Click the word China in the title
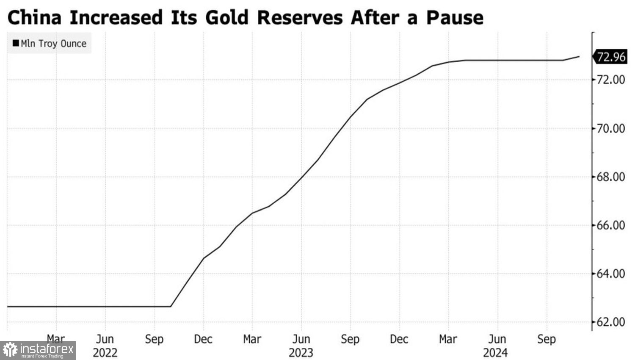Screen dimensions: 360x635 (34, 18)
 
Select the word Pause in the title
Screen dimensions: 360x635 (454, 18)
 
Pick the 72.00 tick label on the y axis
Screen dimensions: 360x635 (610, 80)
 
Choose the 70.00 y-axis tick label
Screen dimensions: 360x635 (610, 128)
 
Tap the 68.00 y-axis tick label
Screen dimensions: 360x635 (610, 177)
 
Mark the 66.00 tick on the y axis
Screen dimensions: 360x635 (610, 225)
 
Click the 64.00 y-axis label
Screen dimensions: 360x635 (610, 274)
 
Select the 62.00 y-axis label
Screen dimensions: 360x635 (610, 322)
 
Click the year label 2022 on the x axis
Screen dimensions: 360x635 (105, 353)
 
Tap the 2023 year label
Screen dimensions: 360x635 (301, 353)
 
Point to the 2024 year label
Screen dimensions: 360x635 (495, 353)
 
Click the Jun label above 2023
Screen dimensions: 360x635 (301, 339)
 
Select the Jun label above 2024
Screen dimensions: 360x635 (497, 339)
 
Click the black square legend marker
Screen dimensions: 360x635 (16, 44)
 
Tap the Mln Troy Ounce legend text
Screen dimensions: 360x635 (53, 44)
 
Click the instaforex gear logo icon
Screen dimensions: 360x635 (10, 350)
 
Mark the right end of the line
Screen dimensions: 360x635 (579, 56)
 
